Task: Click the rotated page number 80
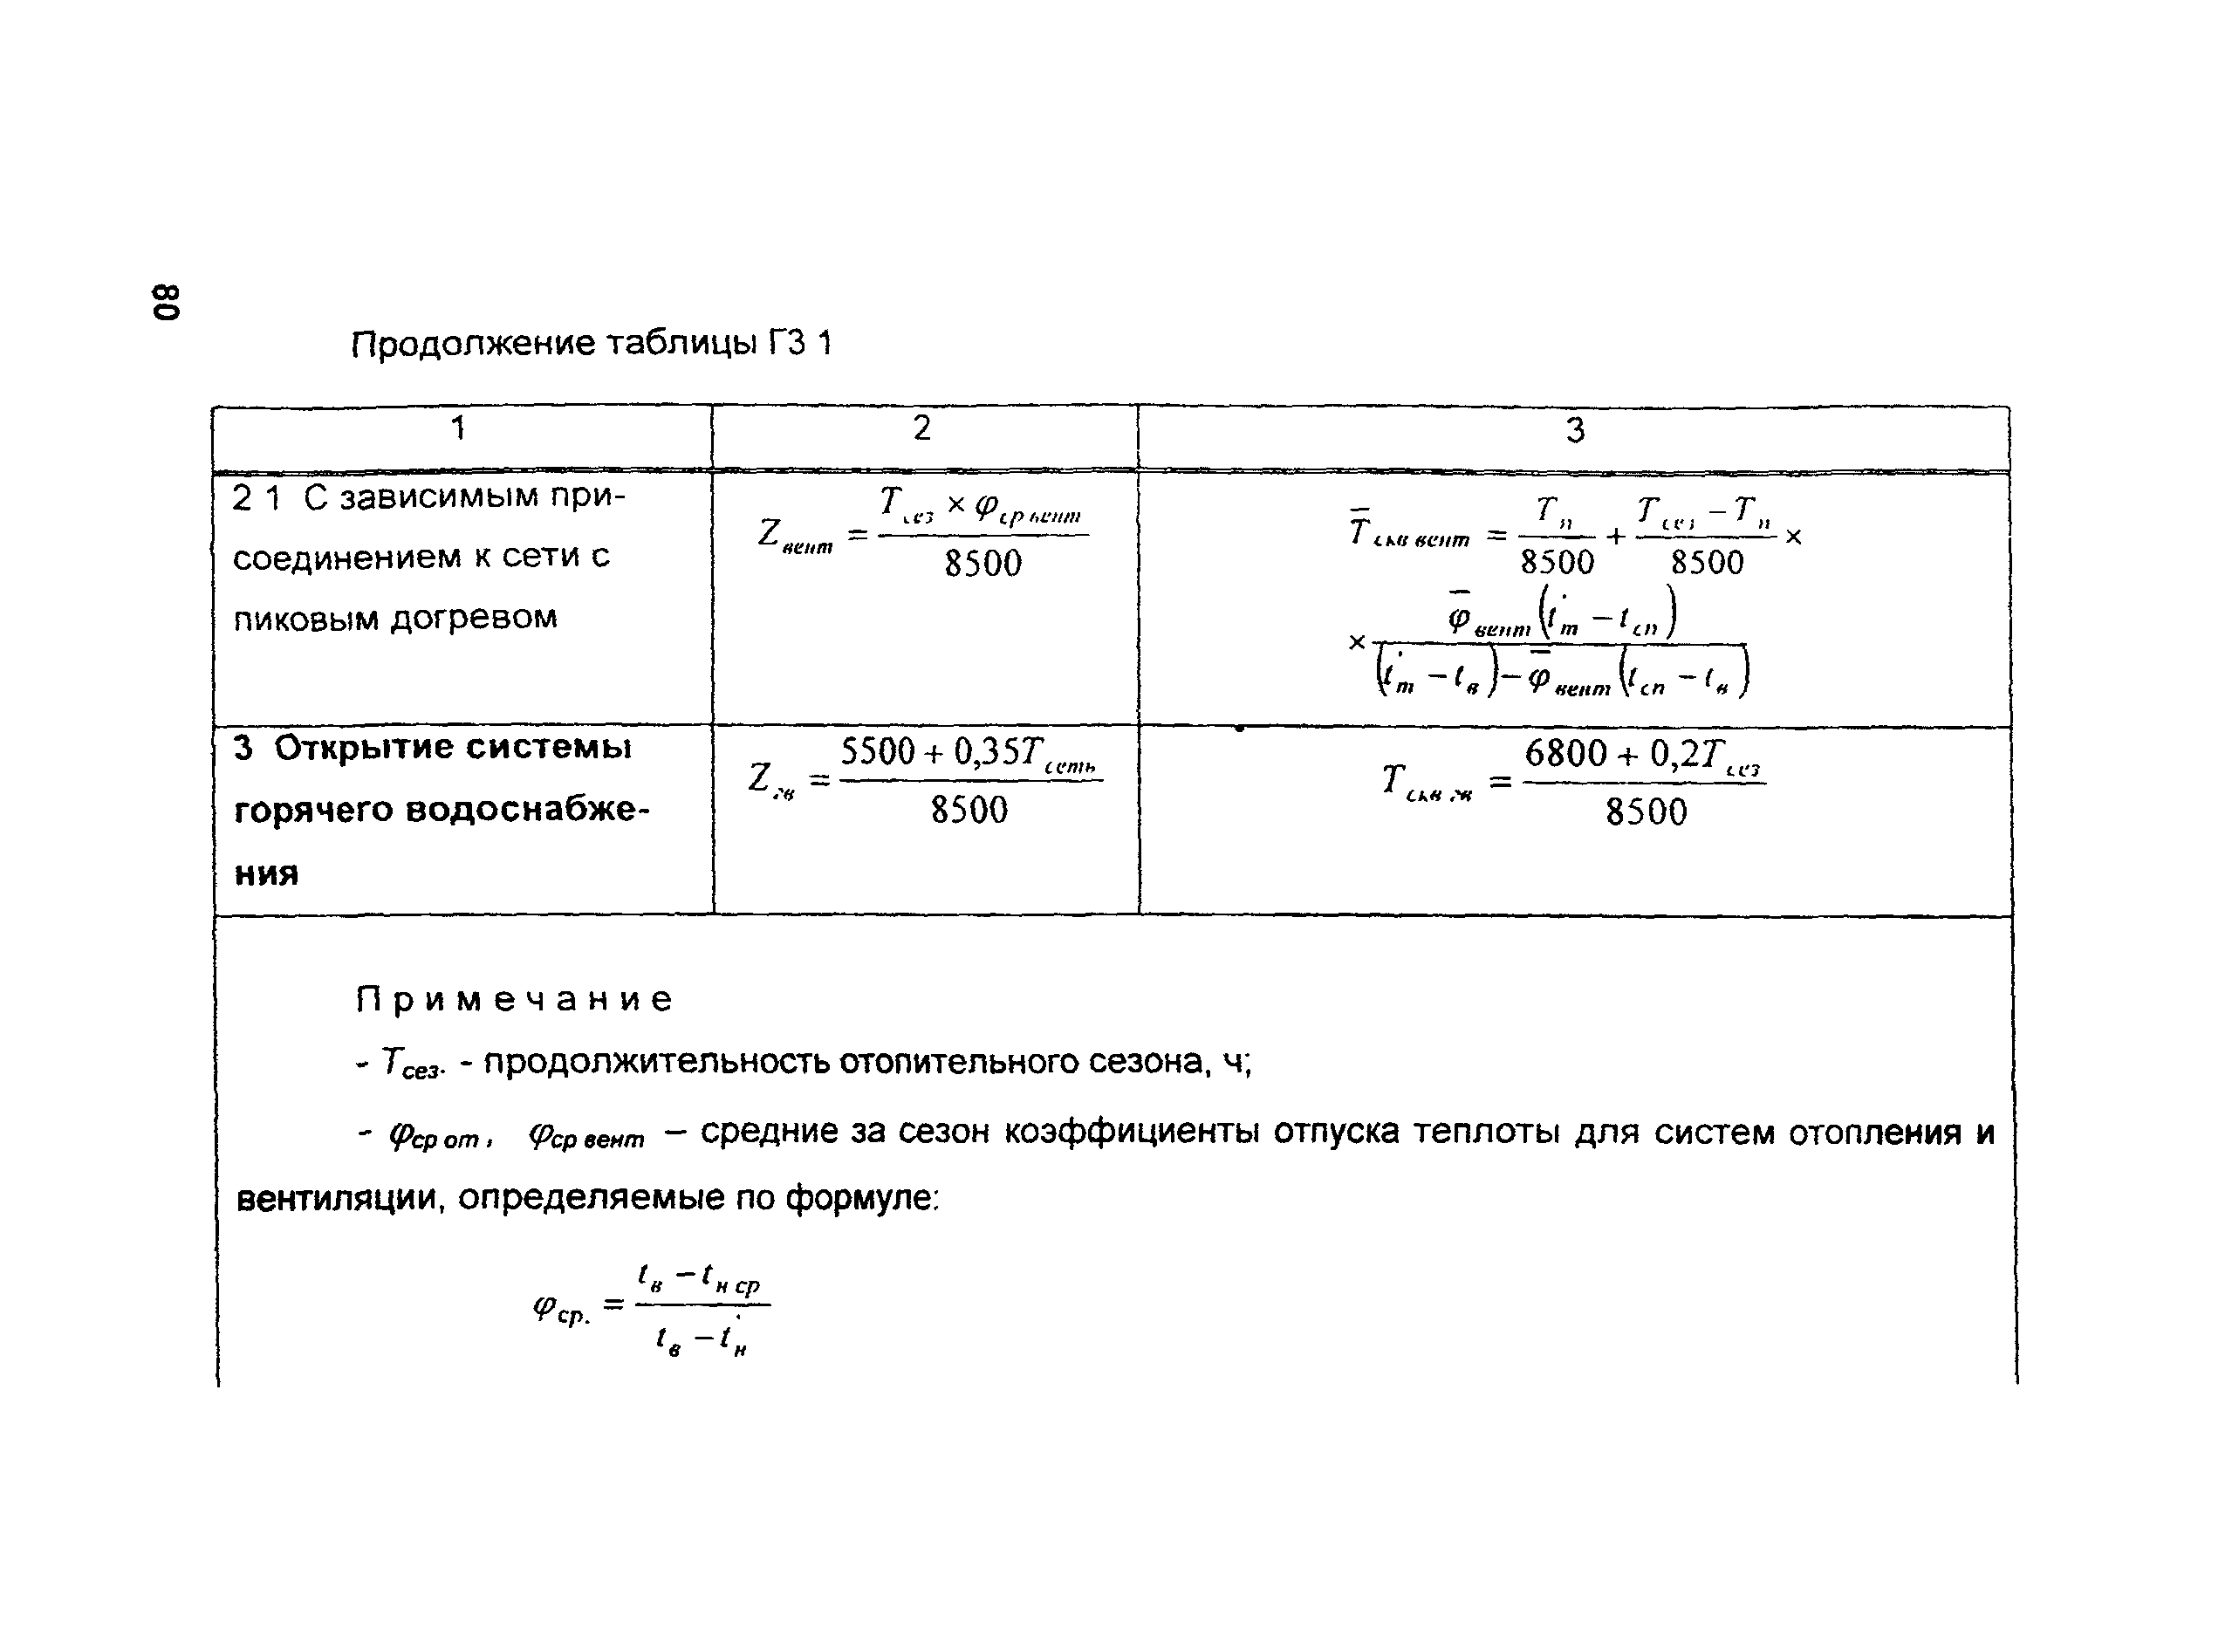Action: pos(167,301)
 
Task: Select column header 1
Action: pos(458,428)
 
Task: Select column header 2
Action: pos(921,428)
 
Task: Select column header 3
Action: pos(1575,430)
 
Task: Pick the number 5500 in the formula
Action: pos(878,751)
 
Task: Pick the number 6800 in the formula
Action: pos(1566,753)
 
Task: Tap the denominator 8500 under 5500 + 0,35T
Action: pos(969,810)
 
